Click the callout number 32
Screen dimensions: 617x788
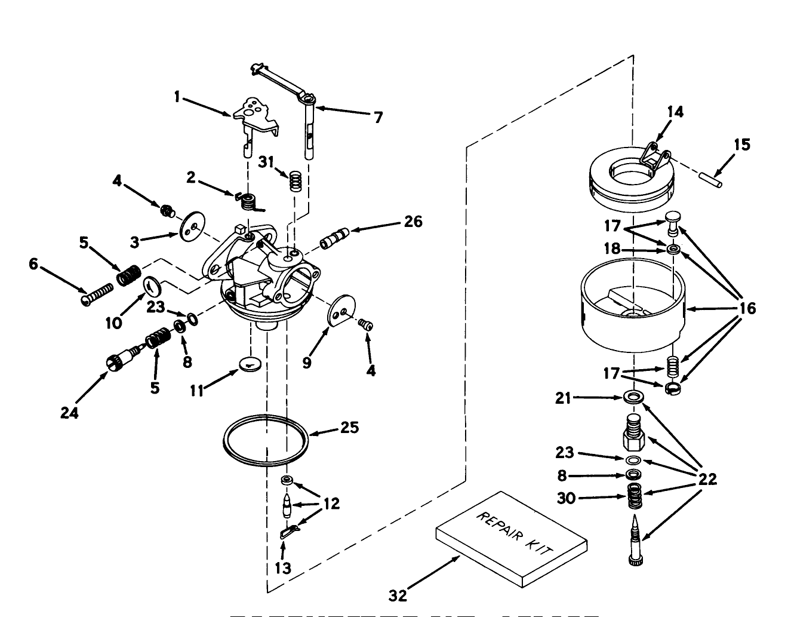398,595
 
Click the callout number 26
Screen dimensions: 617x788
413,222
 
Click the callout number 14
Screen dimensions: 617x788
675,112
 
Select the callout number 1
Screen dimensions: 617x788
177,96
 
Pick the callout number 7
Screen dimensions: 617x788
378,118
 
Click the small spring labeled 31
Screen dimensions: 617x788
294,180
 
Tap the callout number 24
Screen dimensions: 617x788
70,413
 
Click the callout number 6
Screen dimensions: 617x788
33,263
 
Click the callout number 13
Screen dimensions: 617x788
283,568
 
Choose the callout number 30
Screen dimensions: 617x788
567,497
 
